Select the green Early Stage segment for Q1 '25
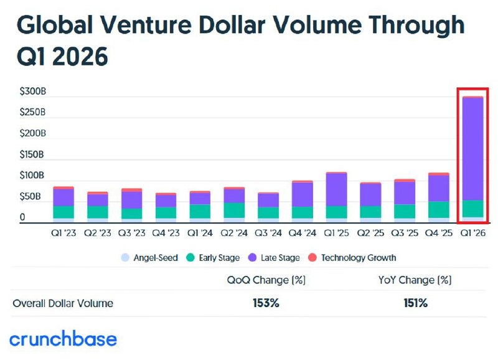pos(336,212)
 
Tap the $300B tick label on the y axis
pos(32,92)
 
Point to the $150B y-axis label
pos(32,154)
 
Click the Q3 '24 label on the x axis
pos(268,234)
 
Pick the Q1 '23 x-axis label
pos(63,234)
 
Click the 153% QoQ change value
pos(266,303)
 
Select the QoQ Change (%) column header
pos(266,280)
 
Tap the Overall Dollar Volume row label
pos(63,303)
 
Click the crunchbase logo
pos(63,339)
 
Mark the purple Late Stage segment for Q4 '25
pos(438,188)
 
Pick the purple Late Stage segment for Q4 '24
pos(302,194)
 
